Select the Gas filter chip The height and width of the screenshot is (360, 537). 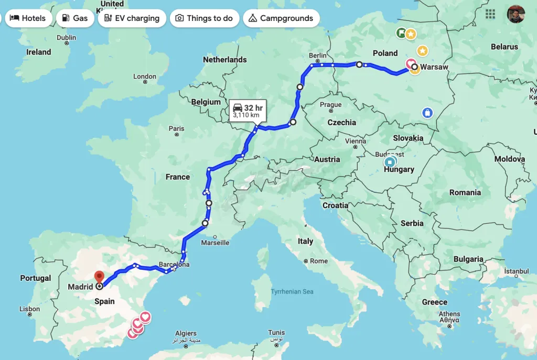click(74, 18)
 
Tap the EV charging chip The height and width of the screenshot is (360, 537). click(132, 18)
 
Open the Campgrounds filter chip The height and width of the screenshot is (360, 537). click(281, 18)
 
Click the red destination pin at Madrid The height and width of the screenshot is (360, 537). click(99, 276)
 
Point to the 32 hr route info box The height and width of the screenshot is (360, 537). click(248, 111)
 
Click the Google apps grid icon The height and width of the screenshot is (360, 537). click(490, 14)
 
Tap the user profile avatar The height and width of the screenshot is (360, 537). click(515, 14)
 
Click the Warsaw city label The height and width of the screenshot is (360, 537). click(434, 67)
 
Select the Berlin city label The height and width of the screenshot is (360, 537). click(317, 56)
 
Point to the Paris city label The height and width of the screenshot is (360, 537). click(177, 128)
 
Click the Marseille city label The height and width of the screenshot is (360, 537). click(215, 243)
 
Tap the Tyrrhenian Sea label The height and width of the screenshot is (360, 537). click(292, 291)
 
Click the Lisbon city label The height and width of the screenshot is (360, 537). click(29, 309)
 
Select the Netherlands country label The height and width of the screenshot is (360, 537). click(224, 60)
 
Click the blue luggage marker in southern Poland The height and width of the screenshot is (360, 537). click(427, 113)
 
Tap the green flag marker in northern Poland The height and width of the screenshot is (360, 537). click(401, 34)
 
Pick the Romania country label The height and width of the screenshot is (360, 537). click(465, 192)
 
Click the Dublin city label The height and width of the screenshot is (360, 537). click(67, 37)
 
